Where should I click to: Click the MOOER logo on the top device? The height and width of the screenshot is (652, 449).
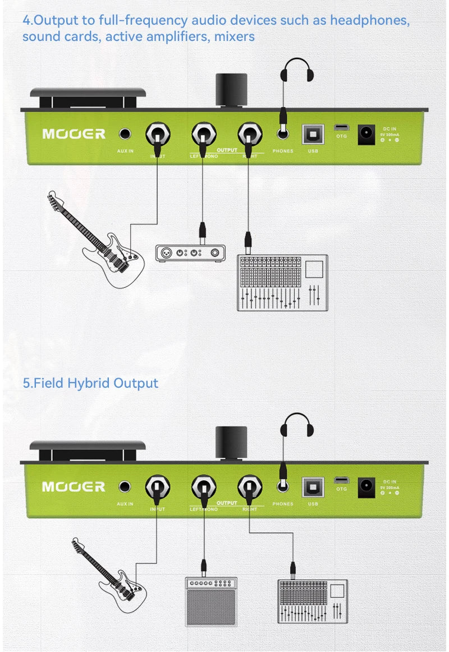[x=74, y=134]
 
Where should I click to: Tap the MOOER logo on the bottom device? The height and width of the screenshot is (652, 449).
[x=74, y=486]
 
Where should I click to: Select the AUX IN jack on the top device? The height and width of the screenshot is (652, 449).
[x=125, y=134]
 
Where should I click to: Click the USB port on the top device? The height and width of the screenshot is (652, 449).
[x=313, y=134]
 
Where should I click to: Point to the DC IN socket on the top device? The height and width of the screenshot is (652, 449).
[x=366, y=134]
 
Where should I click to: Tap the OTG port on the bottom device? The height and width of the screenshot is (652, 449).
[x=341, y=480]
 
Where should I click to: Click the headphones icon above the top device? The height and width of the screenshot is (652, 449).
[x=297, y=72]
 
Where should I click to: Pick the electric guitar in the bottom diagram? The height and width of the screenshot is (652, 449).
[x=109, y=578]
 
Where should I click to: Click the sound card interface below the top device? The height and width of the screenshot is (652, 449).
[x=190, y=253]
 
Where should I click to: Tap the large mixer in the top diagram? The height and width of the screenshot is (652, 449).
[x=282, y=283]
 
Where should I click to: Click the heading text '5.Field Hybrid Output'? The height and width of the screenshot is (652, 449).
[x=90, y=383]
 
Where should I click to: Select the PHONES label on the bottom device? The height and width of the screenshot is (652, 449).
[x=283, y=504]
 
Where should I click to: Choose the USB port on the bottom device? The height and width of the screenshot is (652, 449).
[x=313, y=485]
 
